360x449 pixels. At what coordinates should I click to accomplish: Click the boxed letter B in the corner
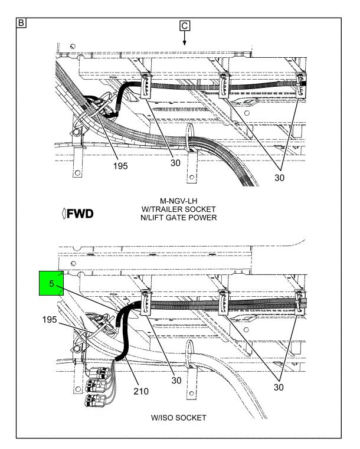click(21, 23)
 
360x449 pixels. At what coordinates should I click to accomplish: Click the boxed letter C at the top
click(185, 26)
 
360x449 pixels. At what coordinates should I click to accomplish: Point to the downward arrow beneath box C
click(185, 38)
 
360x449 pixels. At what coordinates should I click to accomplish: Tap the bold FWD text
click(78, 214)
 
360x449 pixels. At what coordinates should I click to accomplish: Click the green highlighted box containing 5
click(51, 283)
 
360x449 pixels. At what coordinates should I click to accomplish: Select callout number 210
click(141, 391)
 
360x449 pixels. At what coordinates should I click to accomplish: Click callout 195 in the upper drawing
click(120, 166)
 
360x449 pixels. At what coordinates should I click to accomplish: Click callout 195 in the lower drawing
click(50, 320)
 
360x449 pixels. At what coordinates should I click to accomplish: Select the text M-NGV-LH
click(178, 201)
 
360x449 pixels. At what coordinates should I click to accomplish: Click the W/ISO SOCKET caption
click(178, 418)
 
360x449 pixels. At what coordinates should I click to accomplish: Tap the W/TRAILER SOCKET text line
click(178, 209)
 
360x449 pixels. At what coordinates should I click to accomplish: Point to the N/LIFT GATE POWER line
click(178, 218)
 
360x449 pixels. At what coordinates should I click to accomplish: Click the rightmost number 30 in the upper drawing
click(280, 178)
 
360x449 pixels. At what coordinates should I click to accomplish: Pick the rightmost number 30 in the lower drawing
click(279, 387)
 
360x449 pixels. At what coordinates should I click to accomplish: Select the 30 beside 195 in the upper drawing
click(175, 163)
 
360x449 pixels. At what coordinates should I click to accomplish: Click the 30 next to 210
click(176, 381)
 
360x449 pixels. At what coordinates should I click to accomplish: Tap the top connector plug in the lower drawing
click(97, 373)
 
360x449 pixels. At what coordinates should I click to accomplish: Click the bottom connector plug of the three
click(96, 400)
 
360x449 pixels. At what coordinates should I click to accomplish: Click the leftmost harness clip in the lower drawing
click(146, 303)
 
